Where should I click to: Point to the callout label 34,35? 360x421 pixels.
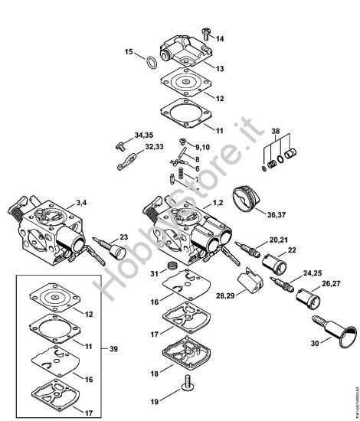pyautogui.click(x=144, y=135)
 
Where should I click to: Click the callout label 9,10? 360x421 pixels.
pyautogui.click(x=202, y=147)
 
